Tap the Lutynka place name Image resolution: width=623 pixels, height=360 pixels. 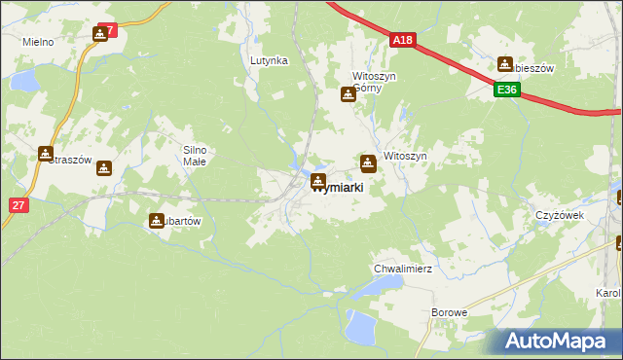(x=269, y=60)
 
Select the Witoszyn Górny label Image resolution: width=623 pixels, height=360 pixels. (x=374, y=81)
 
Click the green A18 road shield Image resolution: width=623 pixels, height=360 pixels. (x=404, y=40)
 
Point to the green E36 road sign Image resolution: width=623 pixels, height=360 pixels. (x=504, y=90)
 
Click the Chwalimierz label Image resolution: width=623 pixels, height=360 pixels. (x=402, y=268)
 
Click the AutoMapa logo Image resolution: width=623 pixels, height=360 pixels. (x=559, y=341)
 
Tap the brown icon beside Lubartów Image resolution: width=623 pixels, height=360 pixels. (x=157, y=221)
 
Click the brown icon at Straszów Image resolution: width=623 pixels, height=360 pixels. (x=46, y=154)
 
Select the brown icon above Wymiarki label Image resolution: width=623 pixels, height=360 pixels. (x=318, y=181)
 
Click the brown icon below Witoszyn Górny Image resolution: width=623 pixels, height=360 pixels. (x=348, y=94)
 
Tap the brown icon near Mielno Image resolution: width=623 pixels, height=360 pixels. (x=100, y=35)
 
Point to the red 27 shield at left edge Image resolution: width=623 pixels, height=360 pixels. (x=18, y=205)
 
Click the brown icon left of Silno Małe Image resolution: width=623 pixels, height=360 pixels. (x=104, y=168)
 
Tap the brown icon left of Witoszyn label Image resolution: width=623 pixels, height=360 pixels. (x=368, y=162)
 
